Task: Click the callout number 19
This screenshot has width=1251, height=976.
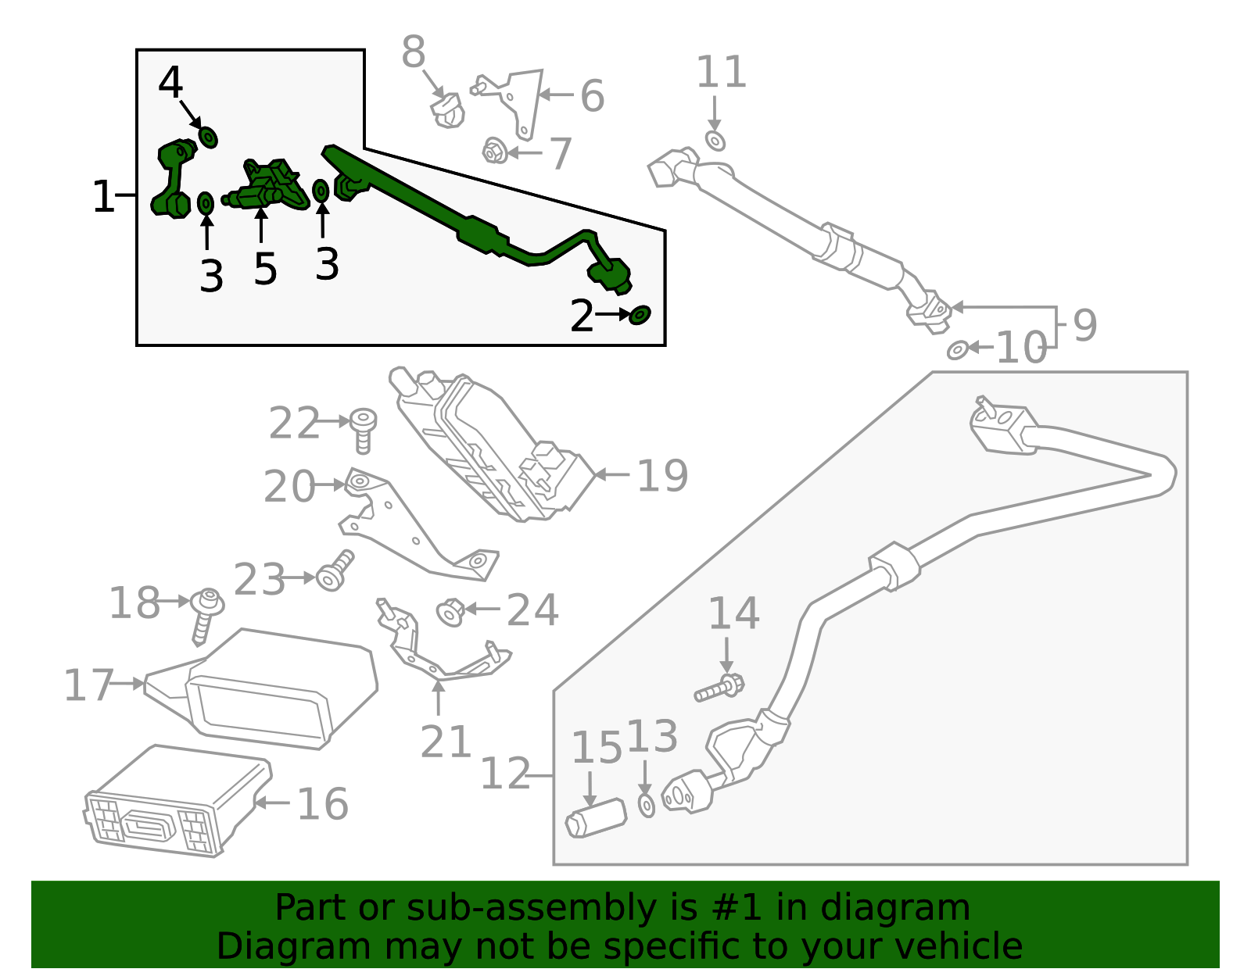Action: pyautogui.click(x=662, y=475)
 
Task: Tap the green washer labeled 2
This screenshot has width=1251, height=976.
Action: pyautogui.click(x=640, y=315)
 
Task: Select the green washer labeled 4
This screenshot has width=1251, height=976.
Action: pyautogui.click(x=208, y=138)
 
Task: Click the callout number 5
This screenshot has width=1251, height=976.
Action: pyautogui.click(x=265, y=269)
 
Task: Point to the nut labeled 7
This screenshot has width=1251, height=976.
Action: pyautogui.click(x=493, y=150)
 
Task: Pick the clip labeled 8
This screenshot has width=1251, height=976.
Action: pyautogui.click(x=447, y=110)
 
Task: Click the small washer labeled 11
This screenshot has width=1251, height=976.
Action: pyautogui.click(x=715, y=141)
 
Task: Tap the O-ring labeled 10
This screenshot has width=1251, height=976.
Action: pyautogui.click(x=957, y=350)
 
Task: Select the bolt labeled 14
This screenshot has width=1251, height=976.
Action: pyautogui.click(x=720, y=688)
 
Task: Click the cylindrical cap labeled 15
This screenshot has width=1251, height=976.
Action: pyautogui.click(x=596, y=818)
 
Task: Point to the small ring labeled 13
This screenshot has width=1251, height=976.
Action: pyautogui.click(x=647, y=805)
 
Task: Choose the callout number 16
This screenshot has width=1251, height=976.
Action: pyautogui.click(x=322, y=803)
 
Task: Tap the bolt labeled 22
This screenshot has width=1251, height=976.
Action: pyautogui.click(x=363, y=429)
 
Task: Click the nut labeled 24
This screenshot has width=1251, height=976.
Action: pyautogui.click(x=450, y=612)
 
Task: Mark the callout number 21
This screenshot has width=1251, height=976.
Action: pyautogui.click(x=446, y=742)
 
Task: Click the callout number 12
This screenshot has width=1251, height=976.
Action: pyautogui.click(x=505, y=774)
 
